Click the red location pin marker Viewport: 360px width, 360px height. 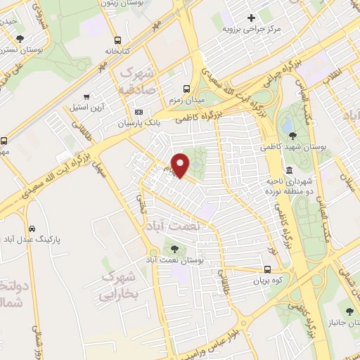coord(181,165)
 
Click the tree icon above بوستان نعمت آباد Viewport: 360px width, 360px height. coord(174,248)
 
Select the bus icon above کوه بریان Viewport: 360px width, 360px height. coord(267,269)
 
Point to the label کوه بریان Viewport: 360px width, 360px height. coord(267,281)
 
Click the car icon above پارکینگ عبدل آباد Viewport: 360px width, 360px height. coord(32,229)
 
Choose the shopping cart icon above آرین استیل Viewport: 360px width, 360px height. coord(86,98)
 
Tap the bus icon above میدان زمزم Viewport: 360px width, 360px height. coord(186,89)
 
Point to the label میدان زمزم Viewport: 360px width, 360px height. coord(185,100)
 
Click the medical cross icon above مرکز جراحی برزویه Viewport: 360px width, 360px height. coord(251,18)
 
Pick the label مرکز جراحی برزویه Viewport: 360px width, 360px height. coord(252,29)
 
